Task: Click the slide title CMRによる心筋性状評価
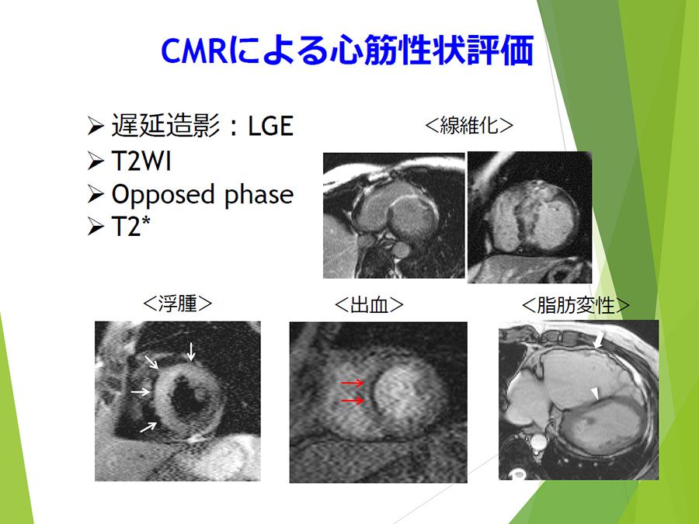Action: pyautogui.click(x=347, y=50)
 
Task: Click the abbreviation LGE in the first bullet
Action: pyautogui.click(x=270, y=126)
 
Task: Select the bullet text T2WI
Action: pyautogui.click(x=141, y=161)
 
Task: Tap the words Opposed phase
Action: pyautogui.click(x=203, y=195)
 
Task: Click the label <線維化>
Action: pyautogui.click(x=469, y=125)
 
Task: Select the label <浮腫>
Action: pyautogui.click(x=177, y=304)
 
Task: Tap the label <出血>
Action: pyautogui.click(x=369, y=305)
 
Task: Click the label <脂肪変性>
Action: pyautogui.click(x=575, y=305)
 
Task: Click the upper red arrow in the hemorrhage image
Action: pyautogui.click(x=353, y=383)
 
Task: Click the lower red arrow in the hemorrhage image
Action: pyautogui.click(x=353, y=401)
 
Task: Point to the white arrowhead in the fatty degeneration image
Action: pyautogui.click(x=595, y=394)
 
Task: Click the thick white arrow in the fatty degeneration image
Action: pyautogui.click(x=600, y=340)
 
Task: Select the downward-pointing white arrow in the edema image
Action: pyautogui.click(x=191, y=352)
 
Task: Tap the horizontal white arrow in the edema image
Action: pyautogui.click(x=141, y=392)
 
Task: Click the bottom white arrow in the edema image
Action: pyautogui.click(x=148, y=427)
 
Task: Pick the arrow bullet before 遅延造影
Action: pyautogui.click(x=96, y=126)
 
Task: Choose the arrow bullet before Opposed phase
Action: pyautogui.click(x=96, y=195)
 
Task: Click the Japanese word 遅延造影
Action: pyautogui.click(x=165, y=126)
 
